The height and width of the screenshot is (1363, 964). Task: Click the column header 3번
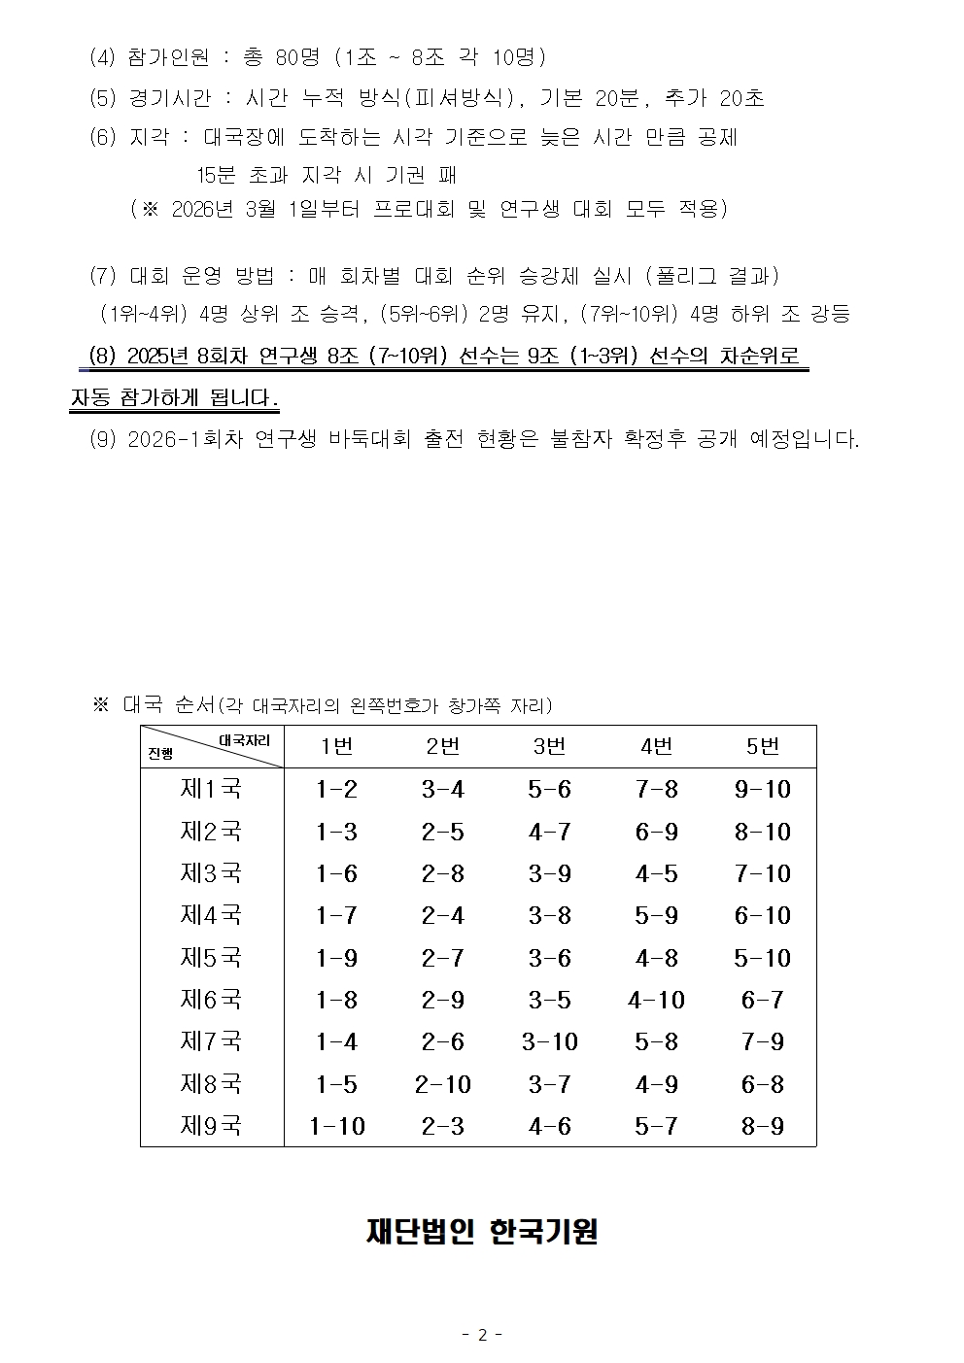point(549,746)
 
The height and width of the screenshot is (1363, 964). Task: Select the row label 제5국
point(211,958)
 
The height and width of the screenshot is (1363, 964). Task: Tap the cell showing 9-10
point(763,789)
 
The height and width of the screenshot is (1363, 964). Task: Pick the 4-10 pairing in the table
point(656,1000)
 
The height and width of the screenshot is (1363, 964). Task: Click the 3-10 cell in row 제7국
point(549,1042)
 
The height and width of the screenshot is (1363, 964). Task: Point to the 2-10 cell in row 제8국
point(442,1084)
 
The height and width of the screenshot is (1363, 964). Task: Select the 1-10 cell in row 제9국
point(337,1126)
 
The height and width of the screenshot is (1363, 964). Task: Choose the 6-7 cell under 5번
point(763,1000)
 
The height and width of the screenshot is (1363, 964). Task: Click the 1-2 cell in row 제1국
point(337,789)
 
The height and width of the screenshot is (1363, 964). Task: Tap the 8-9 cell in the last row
point(763,1126)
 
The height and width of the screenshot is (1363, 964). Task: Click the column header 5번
point(763,746)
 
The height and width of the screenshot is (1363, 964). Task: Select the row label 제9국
point(211,1126)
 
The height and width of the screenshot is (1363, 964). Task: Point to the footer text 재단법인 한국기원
point(482,1231)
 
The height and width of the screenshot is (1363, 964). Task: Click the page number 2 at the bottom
point(482,1335)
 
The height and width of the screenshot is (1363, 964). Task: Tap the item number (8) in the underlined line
point(102,357)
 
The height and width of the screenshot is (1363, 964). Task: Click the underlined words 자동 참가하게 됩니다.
point(175,398)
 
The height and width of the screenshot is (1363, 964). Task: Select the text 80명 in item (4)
point(297,57)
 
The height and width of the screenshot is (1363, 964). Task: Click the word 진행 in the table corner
point(160,754)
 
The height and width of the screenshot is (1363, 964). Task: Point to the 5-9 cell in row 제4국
point(656,915)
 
